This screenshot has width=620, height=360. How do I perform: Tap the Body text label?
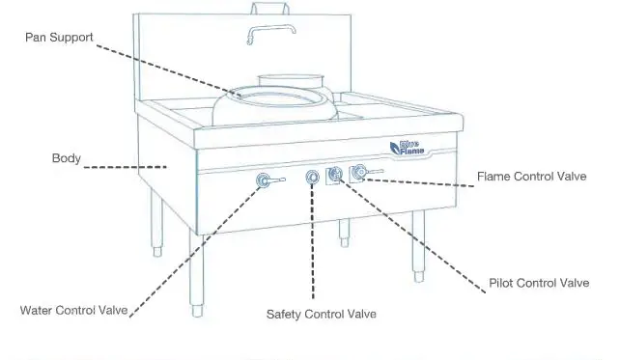66,157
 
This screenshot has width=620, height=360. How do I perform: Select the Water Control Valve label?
73,311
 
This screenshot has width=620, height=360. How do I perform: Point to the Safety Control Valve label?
321,315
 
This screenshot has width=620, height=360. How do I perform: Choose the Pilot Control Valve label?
539,283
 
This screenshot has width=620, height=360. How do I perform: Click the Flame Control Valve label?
532,177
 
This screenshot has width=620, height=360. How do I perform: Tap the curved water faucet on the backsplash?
266,33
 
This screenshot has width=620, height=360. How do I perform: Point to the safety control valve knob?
312,178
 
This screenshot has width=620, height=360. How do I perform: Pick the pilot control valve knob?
336,175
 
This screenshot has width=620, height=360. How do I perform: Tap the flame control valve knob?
359,173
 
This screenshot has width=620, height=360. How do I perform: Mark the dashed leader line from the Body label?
126,167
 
